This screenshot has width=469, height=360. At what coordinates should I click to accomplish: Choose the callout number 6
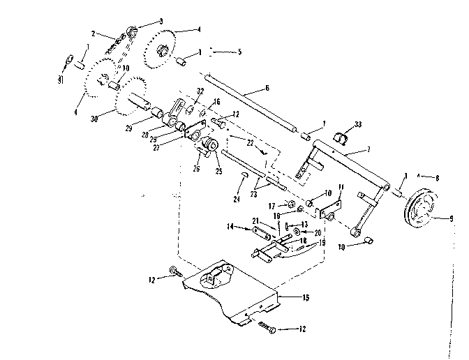coord(266,89)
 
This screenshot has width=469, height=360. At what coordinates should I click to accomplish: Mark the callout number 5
coord(239,52)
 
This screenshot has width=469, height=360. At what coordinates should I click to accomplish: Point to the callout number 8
coord(437,178)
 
